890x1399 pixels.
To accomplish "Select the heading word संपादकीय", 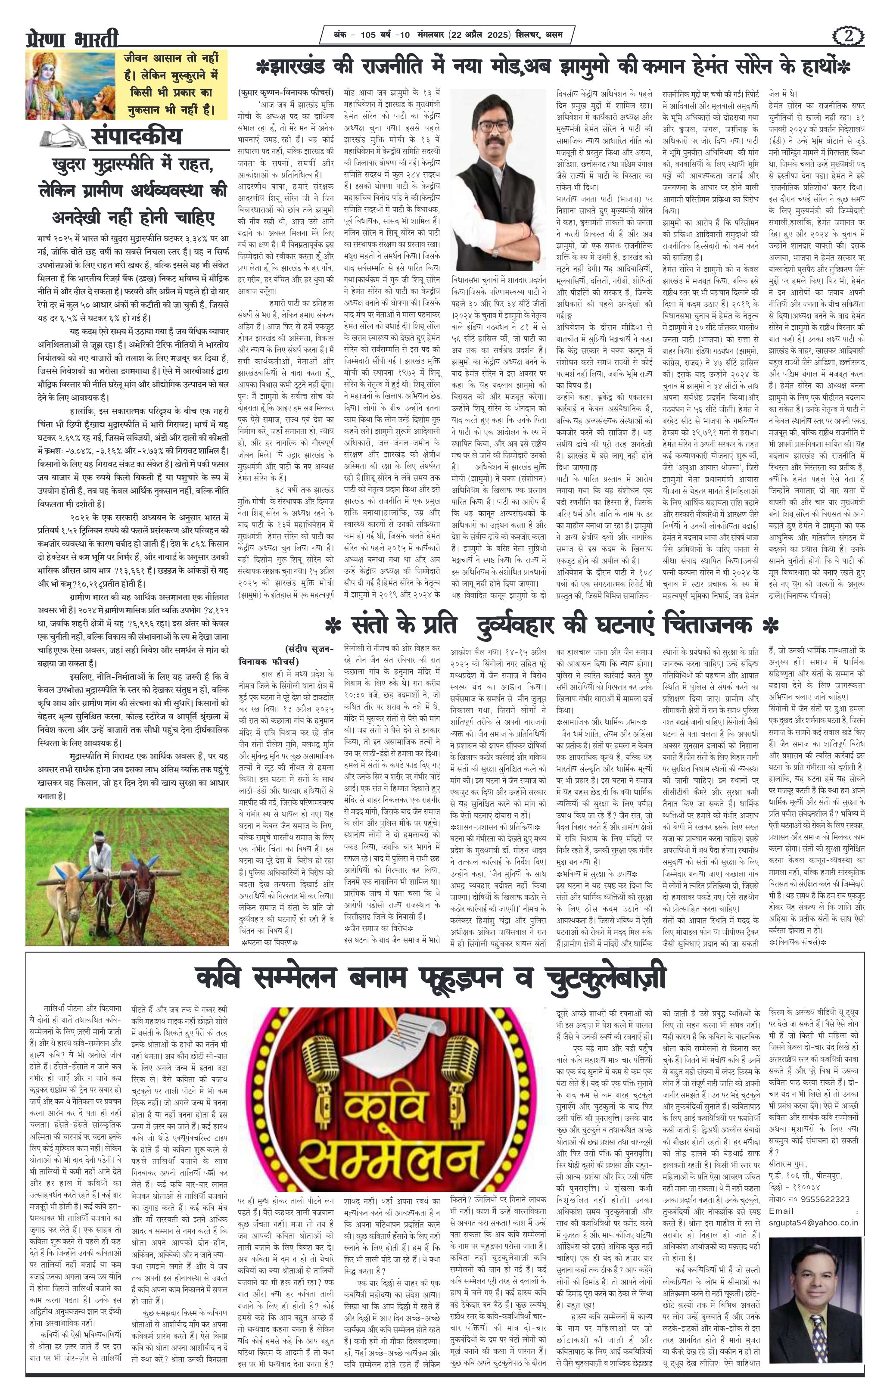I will coord(135,137).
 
